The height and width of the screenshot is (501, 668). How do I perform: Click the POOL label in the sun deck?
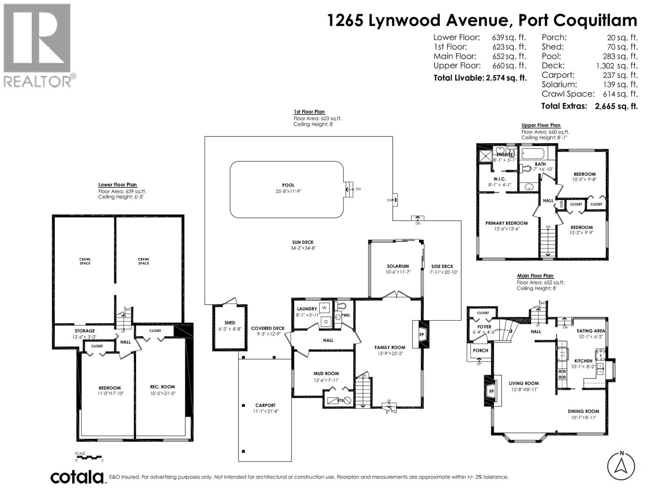[x=288, y=185]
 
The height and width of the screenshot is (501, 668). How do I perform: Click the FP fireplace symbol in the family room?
[x=422, y=334]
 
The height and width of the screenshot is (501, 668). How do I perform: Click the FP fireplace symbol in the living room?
[x=491, y=392]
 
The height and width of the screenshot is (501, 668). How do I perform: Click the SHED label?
[x=230, y=323]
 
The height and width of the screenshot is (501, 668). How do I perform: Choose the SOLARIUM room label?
[x=397, y=266]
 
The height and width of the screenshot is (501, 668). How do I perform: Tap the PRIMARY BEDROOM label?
[x=506, y=223]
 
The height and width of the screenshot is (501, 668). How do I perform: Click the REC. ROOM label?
[x=162, y=387]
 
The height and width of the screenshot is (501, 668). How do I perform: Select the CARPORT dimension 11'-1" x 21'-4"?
[x=266, y=411]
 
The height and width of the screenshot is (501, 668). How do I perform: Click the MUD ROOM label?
[x=326, y=374]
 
